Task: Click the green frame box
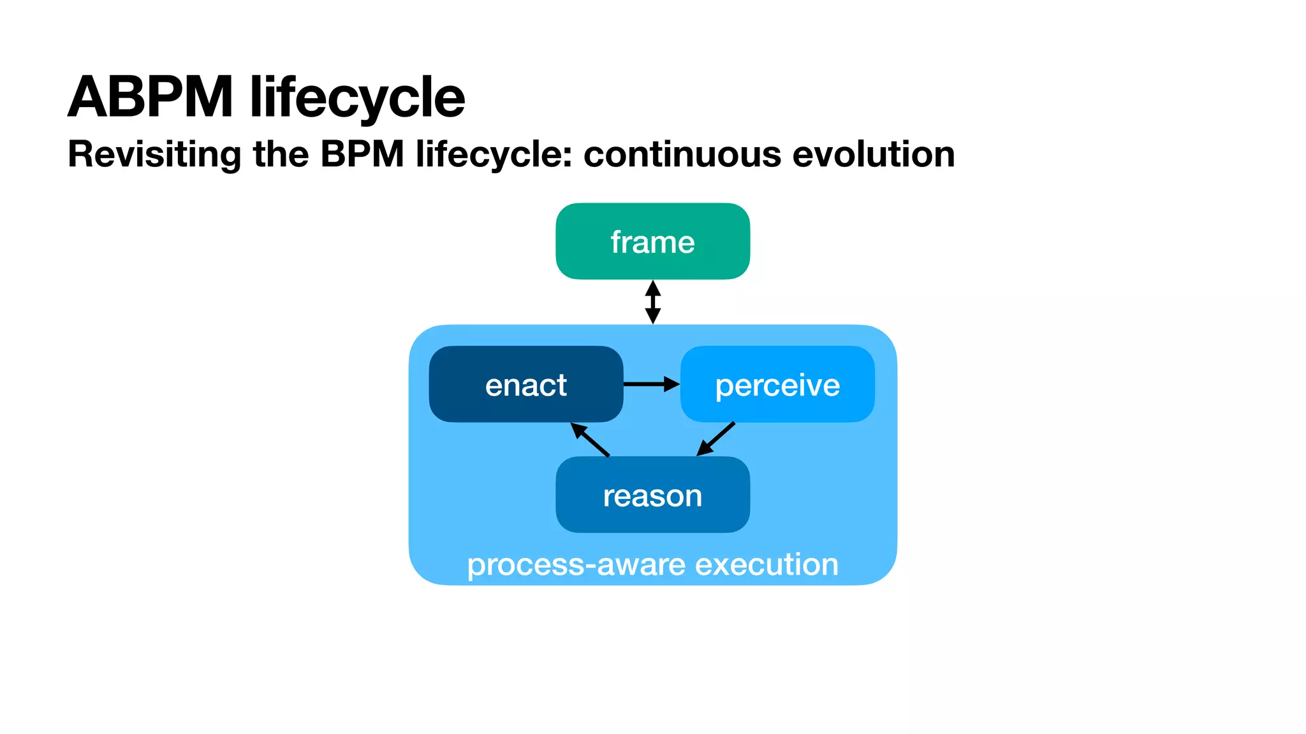(652, 241)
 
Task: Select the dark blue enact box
(525, 384)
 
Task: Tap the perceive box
(777, 384)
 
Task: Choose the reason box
(652, 495)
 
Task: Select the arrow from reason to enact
(591, 440)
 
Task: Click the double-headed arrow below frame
(652, 302)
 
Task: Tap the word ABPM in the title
(150, 97)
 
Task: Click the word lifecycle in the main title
(357, 97)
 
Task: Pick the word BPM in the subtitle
(362, 154)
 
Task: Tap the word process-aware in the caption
(576, 565)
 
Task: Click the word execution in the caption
(766, 565)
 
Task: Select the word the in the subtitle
(281, 154)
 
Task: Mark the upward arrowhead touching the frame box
(652, 287)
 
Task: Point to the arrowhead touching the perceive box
(671, 384)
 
